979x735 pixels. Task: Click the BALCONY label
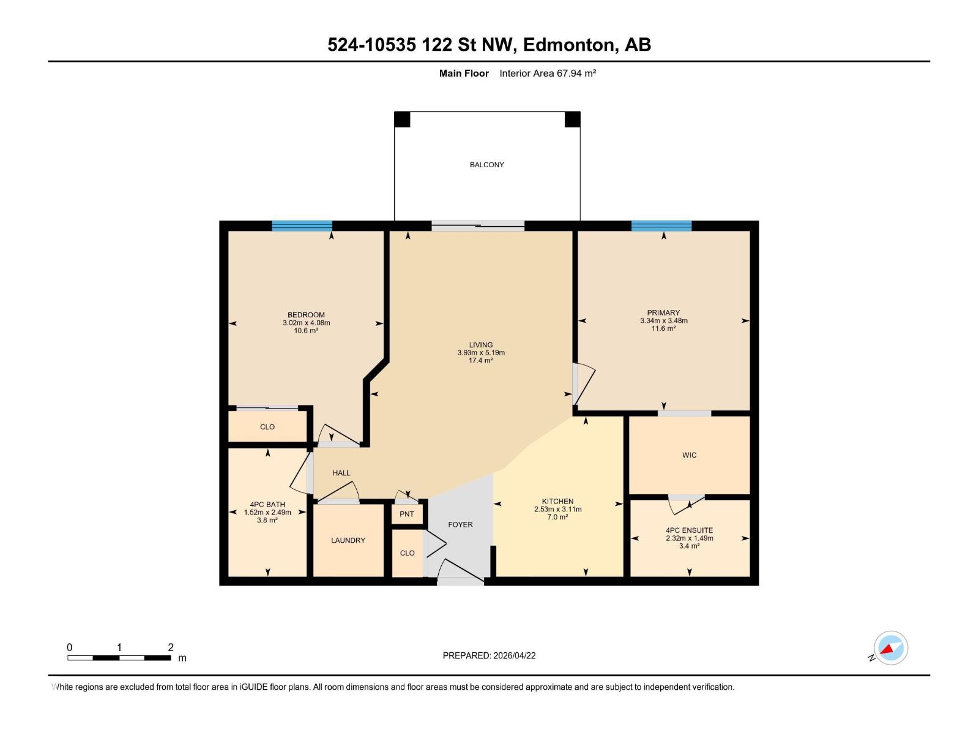[486, 165]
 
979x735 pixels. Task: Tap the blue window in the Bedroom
[302, 225]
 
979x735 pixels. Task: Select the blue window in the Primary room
[661, 225]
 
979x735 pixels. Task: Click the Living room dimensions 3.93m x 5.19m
[481, 353]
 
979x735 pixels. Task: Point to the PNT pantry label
[407, 514]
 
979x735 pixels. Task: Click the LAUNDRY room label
[348, 540]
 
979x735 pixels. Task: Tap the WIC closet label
[689, 455]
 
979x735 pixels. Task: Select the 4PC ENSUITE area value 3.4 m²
[689, 546]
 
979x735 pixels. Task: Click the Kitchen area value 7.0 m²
[557, 517]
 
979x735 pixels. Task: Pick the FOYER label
[460, 524]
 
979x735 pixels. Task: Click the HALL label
[341, 473]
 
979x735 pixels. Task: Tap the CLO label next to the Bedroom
[267, 427]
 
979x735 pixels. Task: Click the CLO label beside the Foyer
[407, 552]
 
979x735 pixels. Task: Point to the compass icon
[890, 648]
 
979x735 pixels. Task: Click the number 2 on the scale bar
[171, 647]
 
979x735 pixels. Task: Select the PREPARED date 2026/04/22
[514, 655]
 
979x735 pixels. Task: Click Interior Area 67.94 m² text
[548, 73]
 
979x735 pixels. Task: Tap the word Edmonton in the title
[569, 45]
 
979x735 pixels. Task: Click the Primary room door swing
[584, 383]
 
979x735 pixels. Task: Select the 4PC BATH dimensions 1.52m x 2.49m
[267, 513]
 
